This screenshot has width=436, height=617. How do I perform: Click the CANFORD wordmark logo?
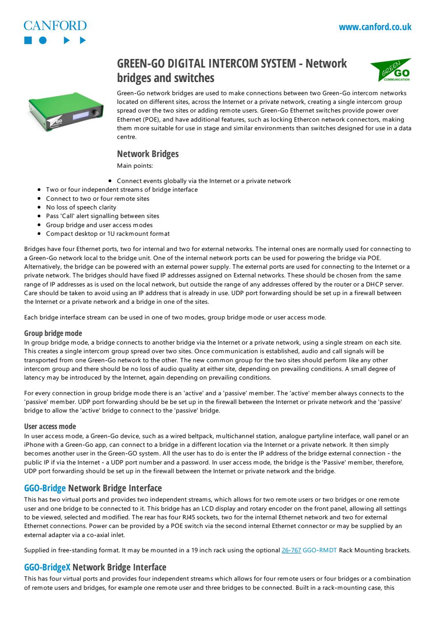pyautogui.click(x=55, y=26)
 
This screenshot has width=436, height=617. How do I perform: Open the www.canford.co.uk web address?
pyautogui.click(x=375, y=27)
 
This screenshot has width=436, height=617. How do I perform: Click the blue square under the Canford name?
pyautogui.click(x=28, y=40)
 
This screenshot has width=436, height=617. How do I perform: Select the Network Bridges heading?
pyautogui.click(x=148, y=154)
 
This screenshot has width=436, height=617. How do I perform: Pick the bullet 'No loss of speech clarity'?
pyautogui.click(x=81, y=207)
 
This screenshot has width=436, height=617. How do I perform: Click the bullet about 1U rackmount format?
pyautogui.click(x=108, y=234)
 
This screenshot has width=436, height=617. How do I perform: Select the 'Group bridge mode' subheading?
pyautogui.click(x=53, y=333)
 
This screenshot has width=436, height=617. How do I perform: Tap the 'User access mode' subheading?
pyautogui.click(x=50, y=426)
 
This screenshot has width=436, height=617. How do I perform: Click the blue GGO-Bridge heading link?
pyautogui.click(x=45, y=488)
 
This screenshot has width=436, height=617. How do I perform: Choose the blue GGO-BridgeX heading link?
pyautogui.click(x=47, y=568)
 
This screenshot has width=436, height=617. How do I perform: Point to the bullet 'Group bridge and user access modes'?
pyautogui.click(x=99, y=225)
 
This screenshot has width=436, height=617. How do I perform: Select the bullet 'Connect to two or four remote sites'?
pyautogui.click(x=97, y=199)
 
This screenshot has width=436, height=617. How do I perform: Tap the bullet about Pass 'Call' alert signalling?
pyautogui.click(x=102, y=216)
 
